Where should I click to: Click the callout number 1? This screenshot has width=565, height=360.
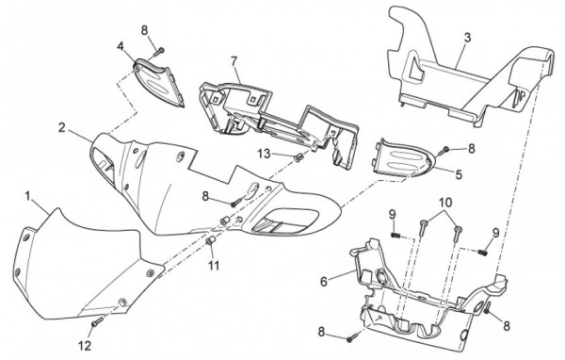27,197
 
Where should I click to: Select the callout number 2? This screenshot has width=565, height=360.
62,127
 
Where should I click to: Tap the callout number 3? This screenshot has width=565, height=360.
467,38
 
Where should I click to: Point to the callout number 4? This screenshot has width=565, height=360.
121,46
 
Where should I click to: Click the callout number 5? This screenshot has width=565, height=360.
459,174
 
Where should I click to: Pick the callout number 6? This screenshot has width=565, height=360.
324,282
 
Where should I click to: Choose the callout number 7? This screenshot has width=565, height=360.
234,61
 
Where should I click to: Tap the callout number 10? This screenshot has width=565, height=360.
444,203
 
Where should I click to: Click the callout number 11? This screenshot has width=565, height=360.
214,266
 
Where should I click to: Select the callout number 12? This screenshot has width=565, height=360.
85,346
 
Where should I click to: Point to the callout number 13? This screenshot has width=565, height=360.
264,154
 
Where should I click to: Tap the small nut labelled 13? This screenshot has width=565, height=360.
298,157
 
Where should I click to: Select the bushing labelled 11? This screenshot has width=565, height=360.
210,240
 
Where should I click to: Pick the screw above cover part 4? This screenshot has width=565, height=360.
159,52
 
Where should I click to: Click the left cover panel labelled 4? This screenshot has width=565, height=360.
158,83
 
